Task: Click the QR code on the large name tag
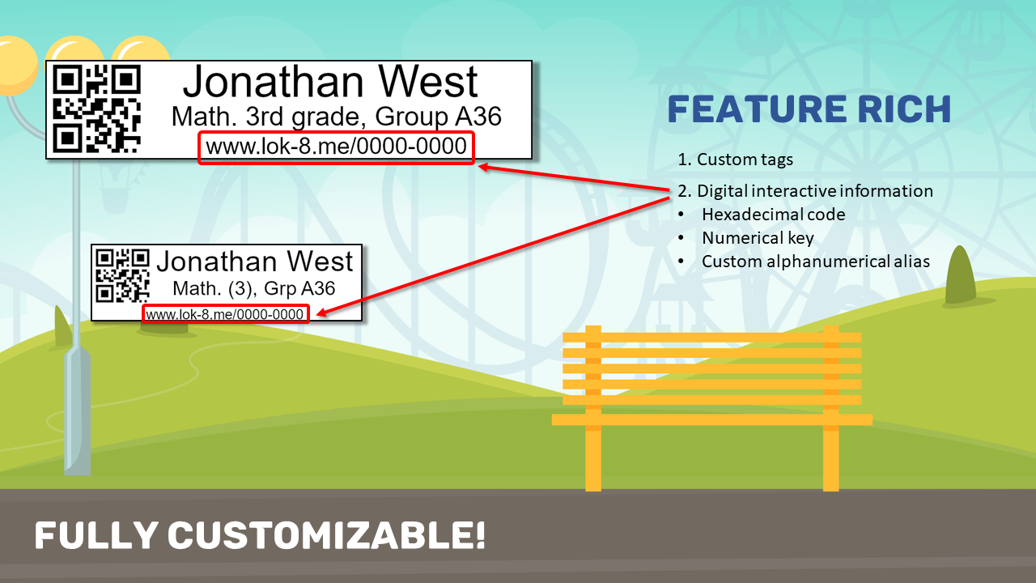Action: [96, 109]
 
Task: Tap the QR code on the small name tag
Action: [122, 276]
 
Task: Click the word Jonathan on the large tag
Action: [274, 82]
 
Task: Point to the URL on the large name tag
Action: [336, 147]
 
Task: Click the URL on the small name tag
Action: [225, 315]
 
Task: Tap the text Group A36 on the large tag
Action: [438, 116]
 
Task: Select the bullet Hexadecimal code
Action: [773, 215]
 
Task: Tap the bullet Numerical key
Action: [758, 238]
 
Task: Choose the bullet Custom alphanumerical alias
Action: [815, 262]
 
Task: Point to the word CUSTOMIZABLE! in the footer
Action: [326, 535]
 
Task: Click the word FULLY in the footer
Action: [96, 535]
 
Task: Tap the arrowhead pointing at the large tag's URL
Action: [484, 167]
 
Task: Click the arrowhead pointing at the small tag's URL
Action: [322, 313]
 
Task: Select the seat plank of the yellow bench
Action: [711, 419]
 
